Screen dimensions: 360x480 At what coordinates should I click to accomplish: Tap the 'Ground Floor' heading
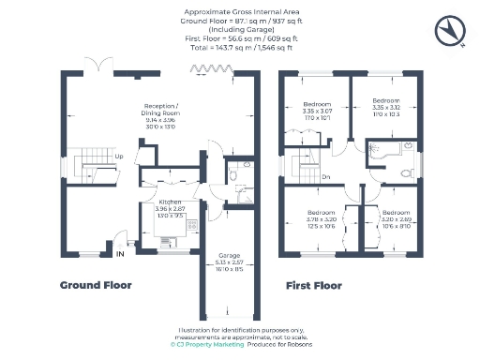[96, 285]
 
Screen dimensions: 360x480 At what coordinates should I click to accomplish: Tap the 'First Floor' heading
[314, 285]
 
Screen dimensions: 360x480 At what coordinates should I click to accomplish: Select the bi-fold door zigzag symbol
[202, 68]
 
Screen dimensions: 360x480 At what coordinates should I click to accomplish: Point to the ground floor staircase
[90, 170]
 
